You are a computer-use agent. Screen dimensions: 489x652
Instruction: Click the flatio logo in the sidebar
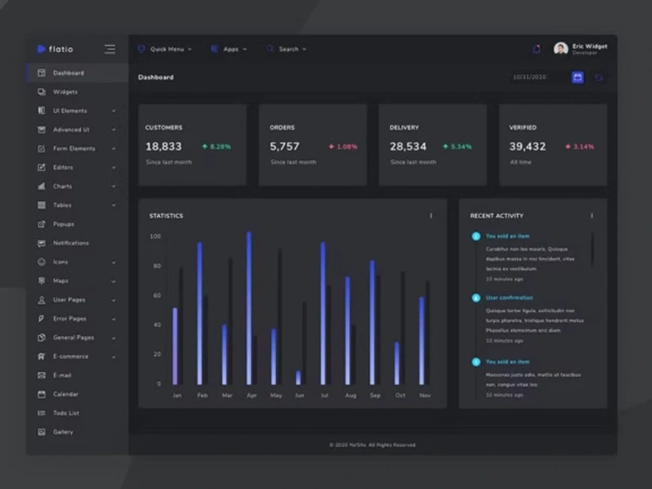click(x=55, y=50)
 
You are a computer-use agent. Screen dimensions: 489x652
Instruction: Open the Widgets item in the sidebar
click(x=65, y=92)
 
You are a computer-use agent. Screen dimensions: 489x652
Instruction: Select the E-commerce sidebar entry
click(x=70, y=357)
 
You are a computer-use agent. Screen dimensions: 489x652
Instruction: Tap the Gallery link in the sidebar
click(x=63, y=432)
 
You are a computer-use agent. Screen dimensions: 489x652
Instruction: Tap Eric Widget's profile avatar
click(x=561, y=49)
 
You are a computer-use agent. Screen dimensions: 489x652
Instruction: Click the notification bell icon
click(x=537, y=50)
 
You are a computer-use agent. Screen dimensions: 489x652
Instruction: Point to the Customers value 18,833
click(x=164, y=147)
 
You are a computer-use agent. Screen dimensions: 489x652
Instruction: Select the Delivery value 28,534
click(x=408, y=147)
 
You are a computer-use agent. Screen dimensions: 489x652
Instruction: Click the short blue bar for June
click(x=299, y=378)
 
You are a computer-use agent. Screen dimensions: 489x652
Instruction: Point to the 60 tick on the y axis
click(x=156, y=295)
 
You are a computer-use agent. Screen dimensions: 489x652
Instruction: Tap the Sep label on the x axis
click(x=375, y=395)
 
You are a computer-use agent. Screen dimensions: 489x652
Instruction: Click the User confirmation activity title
click(x=509, y=298)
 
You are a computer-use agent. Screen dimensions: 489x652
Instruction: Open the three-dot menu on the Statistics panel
click(x=431, y=216)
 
